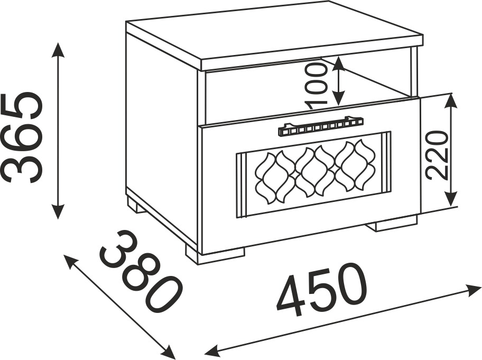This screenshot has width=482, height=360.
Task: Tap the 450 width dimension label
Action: point(321,289)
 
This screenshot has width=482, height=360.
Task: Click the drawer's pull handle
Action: point(320,126)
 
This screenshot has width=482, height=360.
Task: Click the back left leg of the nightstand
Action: point(135,204)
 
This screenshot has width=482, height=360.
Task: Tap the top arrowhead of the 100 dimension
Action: point(338,62)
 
